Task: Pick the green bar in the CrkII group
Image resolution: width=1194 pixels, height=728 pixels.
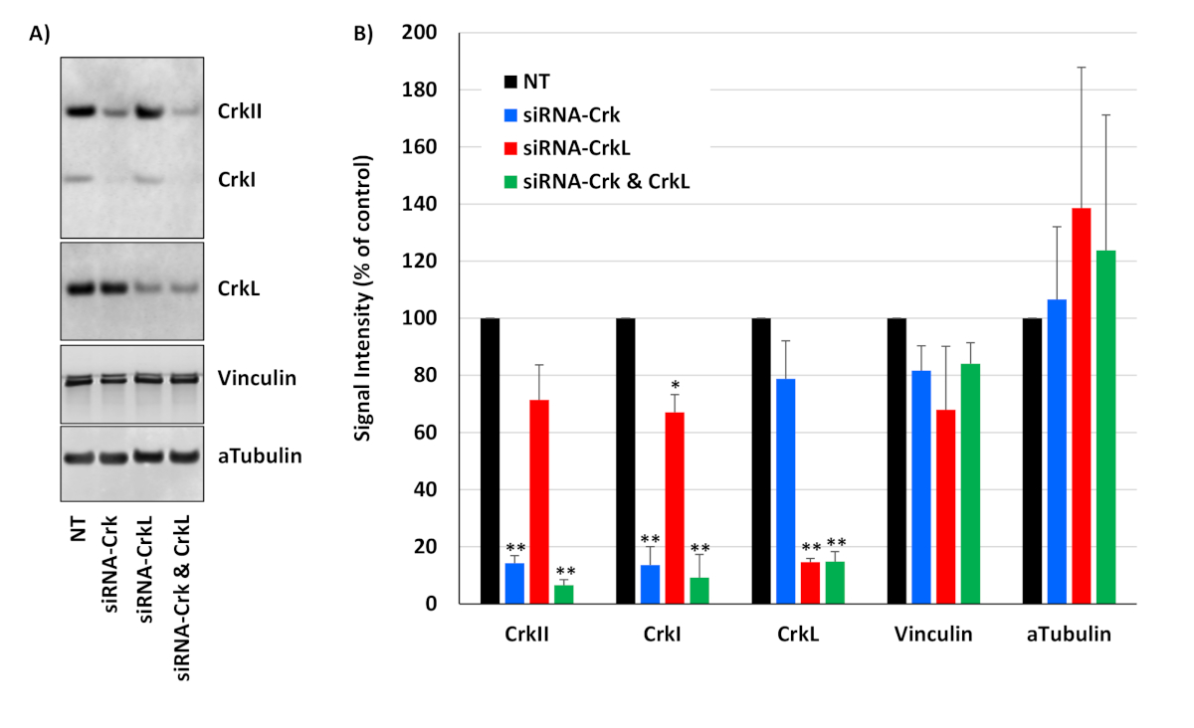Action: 564,594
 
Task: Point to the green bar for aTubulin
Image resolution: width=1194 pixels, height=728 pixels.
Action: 1105,427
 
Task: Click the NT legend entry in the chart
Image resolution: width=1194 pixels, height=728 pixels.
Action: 537,81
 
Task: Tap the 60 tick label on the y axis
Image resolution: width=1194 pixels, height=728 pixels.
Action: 419,433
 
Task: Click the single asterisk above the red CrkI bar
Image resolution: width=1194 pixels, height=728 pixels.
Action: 676,385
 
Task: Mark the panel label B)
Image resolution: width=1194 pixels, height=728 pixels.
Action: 364,33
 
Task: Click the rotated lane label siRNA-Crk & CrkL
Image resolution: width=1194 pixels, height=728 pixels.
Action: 181,596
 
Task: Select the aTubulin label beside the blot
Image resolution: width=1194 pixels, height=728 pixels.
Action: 259,456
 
